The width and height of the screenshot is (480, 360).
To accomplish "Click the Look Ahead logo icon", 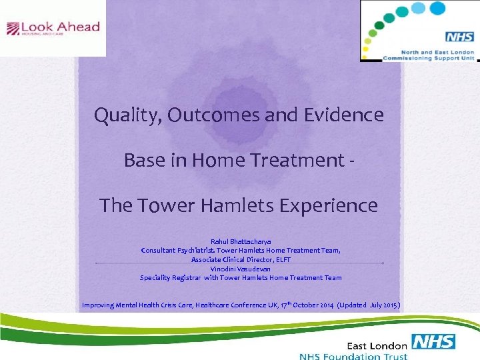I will [13, 29].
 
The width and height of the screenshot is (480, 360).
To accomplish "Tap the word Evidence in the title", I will [345, 115].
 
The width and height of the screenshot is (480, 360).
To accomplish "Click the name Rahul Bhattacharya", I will [240, 241].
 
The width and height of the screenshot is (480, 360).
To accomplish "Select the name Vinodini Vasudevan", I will [240, 268].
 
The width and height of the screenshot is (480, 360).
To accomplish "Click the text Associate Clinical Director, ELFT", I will [240, 259].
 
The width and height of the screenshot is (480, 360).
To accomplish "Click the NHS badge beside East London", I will [433, 343].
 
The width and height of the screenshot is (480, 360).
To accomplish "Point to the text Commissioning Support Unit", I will [428, 58].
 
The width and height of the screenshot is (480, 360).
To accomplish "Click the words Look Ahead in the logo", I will [60, 27].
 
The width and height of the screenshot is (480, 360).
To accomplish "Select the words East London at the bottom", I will [377, 345].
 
